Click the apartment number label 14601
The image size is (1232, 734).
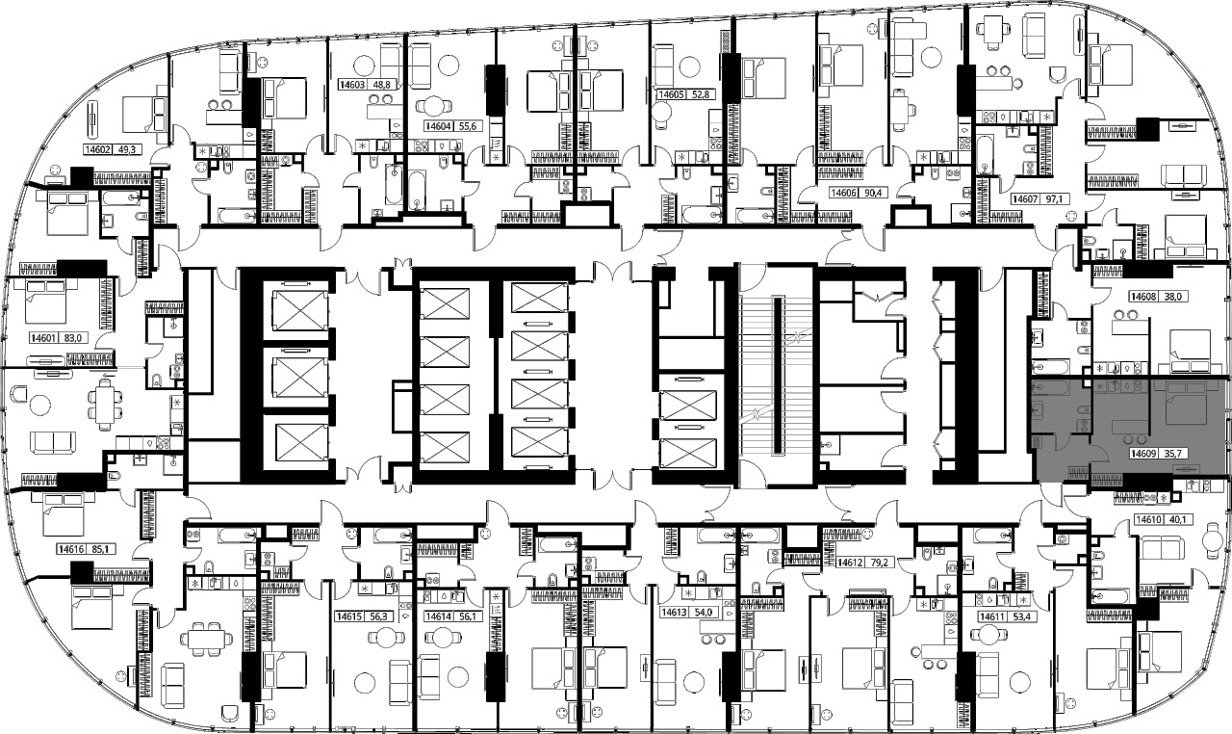coord(43,337)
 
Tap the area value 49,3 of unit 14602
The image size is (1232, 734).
coord(126,149)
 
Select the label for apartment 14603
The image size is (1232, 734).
coord(352,85)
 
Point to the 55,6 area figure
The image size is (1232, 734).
coord(467,126)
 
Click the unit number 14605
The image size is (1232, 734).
coord(671,94)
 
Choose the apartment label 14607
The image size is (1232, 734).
coord(1025,198)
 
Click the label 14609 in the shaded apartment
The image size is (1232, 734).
coord(1142,454)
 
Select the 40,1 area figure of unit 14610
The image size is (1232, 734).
coord(1170,519)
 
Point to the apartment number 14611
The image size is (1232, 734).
coord(991,616)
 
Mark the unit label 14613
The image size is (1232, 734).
coord(675,613)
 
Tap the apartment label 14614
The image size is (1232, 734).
coord(438,616)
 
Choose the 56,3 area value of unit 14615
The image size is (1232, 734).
coord(379,616)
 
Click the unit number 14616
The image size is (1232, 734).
coord(71,549)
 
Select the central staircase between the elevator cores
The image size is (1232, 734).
coord(776,376)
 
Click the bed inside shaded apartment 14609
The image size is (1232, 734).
coord(1187,403)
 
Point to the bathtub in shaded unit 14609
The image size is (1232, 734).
coord(1049,388)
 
